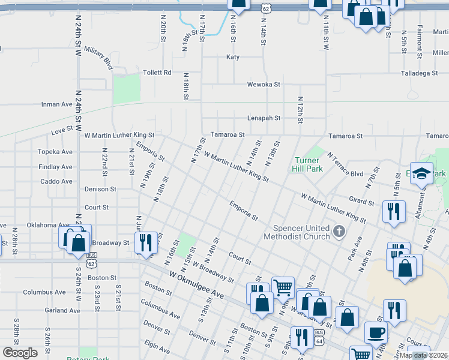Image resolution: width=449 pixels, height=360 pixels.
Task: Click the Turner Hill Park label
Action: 309,164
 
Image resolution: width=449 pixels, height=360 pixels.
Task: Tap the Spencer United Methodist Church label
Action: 301,232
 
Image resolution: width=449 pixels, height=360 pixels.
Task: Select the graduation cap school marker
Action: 421,173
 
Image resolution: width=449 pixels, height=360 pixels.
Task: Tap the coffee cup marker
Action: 376,332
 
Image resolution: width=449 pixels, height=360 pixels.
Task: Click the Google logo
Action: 20,353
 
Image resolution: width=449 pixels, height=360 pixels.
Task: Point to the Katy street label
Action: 232,57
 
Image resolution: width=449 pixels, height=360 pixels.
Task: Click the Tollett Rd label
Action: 157,73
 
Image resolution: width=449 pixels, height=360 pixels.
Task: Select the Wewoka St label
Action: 265,85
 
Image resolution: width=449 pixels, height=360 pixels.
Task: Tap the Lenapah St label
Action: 265,118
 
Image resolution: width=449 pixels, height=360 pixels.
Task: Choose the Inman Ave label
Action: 56,104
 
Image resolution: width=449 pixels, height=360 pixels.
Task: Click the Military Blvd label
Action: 98,56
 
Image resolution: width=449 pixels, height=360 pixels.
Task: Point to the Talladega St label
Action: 420,73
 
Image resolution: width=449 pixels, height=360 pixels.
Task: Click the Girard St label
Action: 361,203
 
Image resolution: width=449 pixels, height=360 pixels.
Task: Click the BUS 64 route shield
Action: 319,334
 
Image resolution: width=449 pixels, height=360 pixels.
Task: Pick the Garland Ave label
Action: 62,310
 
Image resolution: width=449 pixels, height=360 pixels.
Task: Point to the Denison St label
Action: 100,189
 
